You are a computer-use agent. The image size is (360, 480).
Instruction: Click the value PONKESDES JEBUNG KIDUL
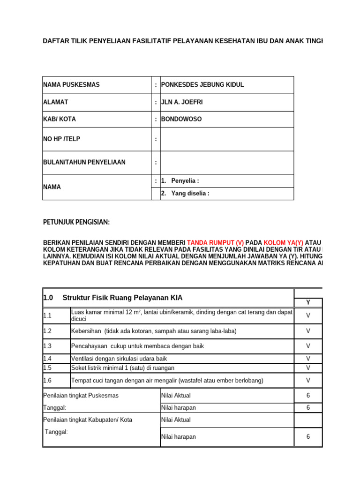[x=202, y=85]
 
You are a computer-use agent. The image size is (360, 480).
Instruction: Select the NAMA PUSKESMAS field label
[x=71, y=85]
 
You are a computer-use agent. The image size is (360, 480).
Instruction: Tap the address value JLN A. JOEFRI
[x=183, y=102]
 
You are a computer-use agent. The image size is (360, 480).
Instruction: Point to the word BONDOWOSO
[x=181, y=119]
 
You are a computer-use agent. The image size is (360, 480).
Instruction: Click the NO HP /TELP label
[x=65, y=139]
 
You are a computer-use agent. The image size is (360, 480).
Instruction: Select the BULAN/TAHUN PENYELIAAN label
[x=84, y=162]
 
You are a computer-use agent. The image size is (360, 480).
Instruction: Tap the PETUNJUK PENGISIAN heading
[x=76, y=222]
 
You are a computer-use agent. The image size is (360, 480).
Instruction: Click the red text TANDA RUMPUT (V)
[x=216, y=243]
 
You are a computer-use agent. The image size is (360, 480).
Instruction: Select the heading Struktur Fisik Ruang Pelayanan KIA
[x=122, y=298]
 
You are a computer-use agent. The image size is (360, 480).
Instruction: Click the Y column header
[x=308, y=302]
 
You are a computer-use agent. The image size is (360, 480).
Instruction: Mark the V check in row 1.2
[x=308, y=331]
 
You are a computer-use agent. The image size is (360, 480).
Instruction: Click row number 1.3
[x=47, y=346]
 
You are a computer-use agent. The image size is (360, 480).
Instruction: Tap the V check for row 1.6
[x=308, y=380]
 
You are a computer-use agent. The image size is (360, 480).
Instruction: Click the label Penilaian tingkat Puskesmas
[x=81, y=395]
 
